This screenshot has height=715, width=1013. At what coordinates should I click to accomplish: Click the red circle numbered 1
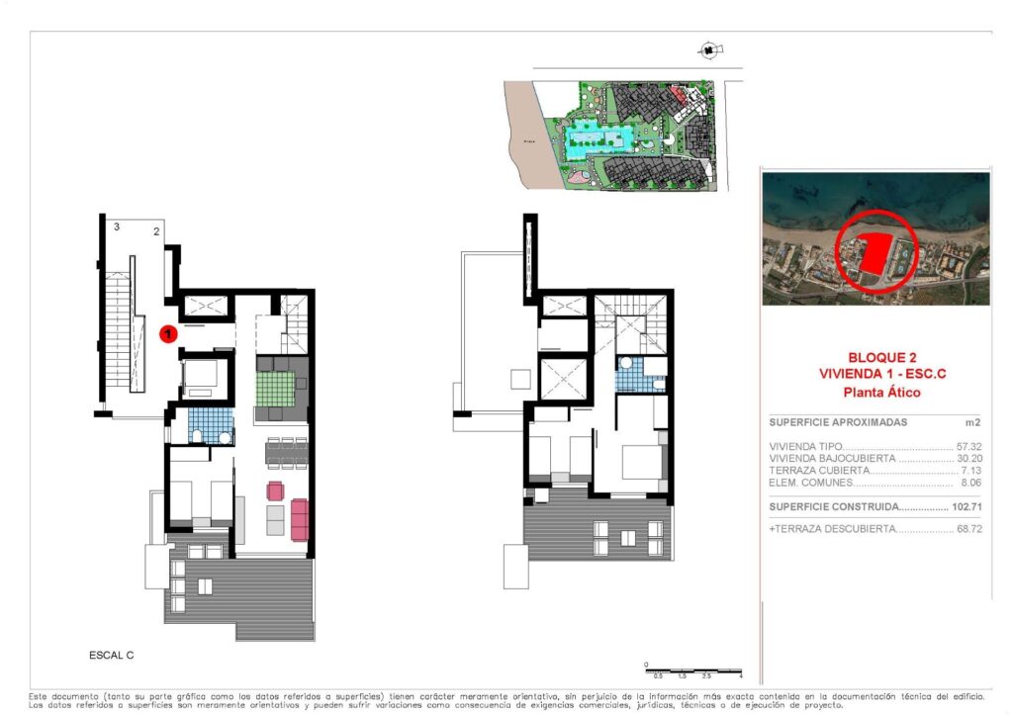pyautogui.click(x=169, y=334)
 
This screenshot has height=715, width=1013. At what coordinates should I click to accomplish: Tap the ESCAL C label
pyautogui.click(x=110, y=656)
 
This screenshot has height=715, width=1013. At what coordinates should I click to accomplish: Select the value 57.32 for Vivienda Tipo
pyautogui.click(x=969, y=447)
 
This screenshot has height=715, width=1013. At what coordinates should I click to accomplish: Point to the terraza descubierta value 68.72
pyautogui.click(x=969, y=530)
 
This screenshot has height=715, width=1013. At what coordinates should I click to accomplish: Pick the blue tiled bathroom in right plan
pyautogui.click(x=628, y=377)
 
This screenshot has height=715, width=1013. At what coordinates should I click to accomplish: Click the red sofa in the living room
pyautogui.click(x=299, y=517)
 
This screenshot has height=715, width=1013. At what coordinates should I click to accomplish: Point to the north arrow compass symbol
pyautogui.click(x=708, y=48)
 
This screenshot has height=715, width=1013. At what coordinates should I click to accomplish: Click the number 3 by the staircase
pyautogui.click(x=117, y=227)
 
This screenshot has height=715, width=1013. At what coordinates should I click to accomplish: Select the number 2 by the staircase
pyautogui.click(x=156, y=231)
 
